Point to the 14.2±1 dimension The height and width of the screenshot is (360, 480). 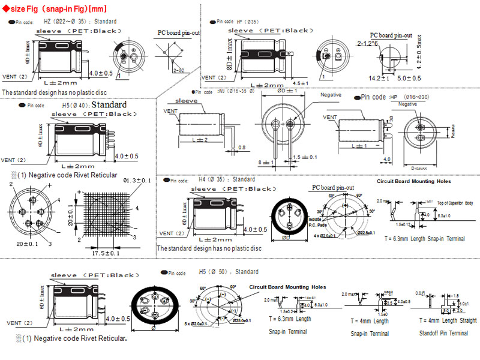pyautogui.click(x=379, y=78)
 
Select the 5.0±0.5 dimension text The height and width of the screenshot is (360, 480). pyautogui.click(x=409, y=78)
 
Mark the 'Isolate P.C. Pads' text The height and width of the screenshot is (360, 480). pyautogui.click(x=319, y=222)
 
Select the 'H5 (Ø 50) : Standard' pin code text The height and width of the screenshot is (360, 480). pyautogui.click(x=228, y=272)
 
